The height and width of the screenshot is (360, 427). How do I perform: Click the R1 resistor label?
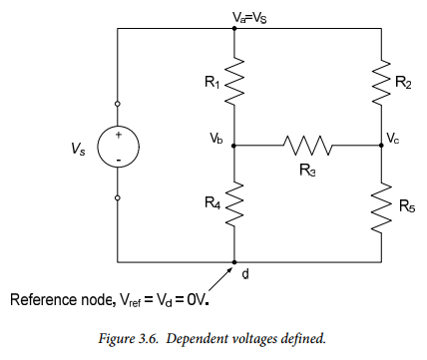point(212,82)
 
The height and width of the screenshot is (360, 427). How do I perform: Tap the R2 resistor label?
point(403,82)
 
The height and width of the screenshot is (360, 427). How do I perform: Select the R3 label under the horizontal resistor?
point(307,170)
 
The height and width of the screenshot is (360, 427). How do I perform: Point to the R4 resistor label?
point(213,202)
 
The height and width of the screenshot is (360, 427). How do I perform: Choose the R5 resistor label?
point(407,206)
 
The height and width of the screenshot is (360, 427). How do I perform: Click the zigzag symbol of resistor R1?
point(234,81)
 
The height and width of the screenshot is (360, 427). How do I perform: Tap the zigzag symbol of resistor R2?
point(381,83)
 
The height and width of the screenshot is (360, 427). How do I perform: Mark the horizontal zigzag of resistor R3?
point(307,146)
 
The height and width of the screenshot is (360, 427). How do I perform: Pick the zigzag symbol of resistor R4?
point(234,204)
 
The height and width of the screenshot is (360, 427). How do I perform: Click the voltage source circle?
point(119,147)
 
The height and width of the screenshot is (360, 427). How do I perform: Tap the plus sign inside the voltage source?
point(119,135)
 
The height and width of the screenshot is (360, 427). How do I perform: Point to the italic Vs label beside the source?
point(78,149)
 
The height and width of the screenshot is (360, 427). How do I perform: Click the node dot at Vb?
point(233,146)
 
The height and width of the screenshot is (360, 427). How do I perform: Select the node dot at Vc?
point(381,146)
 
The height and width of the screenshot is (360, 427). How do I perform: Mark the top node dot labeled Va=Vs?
point(234,28)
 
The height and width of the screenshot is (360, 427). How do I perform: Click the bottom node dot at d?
point(234,262)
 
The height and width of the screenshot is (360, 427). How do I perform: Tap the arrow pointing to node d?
point(219,279)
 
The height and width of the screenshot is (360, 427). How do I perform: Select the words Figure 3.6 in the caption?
point(128,339)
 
